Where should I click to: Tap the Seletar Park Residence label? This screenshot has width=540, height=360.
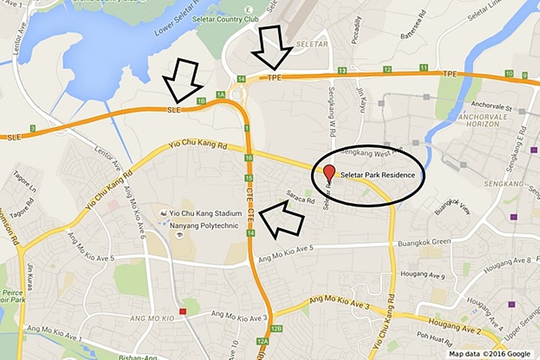coord(378,175)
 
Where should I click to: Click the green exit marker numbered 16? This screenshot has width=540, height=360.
coord(249,158)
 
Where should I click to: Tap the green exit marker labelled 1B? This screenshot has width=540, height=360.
coord(201,101)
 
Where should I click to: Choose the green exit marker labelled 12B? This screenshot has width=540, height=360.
coord(276,329)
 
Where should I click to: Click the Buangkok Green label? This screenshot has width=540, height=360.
coord(424,243)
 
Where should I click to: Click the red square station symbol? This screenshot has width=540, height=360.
coord(183,311)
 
